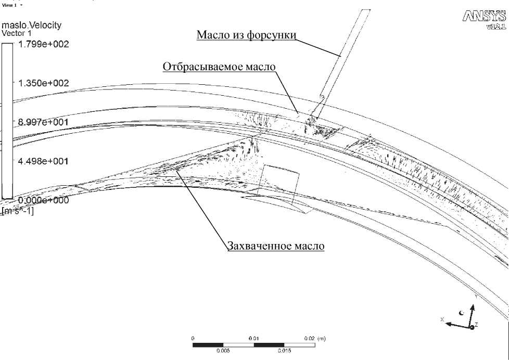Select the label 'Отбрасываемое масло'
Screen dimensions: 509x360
click(x=219, y=67)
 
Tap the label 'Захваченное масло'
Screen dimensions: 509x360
click(x=275, y=246)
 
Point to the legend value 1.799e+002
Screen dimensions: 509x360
click(x=44, y=44)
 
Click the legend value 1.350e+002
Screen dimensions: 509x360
click(x=44, y=83)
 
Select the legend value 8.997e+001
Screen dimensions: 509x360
click(x=44, y=122)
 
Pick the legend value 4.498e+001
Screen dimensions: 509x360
click(x=44, y=161)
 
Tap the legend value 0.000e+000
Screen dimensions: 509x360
click(x=44, y=200)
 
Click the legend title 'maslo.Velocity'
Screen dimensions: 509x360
click(x=35, y=25)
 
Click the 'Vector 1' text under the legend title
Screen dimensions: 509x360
click(x=17, y=33)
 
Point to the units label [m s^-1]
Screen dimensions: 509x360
click(x=18, y=210)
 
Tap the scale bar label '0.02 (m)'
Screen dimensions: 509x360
click(x=315, y=339)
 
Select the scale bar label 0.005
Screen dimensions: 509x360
click(x=223, y=350)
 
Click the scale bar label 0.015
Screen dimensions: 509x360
click(x=284, y=350)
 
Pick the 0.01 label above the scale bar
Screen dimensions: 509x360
click(x=254, y=339)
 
